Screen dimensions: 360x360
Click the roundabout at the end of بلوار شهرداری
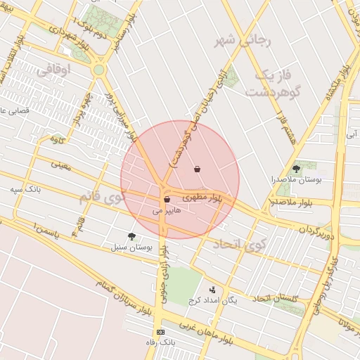[x=98, y=70]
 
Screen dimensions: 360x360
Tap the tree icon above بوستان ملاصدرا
[x=296, y=169]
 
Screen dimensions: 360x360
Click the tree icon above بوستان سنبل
[x=131, y=236]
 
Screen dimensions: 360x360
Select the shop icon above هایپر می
[x=166, y=200]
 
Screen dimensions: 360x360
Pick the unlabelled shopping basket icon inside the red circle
[x=197, y=169]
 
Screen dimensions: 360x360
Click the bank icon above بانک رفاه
[x=161, y=331]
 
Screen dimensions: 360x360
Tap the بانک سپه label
[x=27, y=190]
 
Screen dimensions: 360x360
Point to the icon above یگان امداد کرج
[x=212, y=289]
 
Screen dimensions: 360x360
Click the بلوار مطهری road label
[x=202, y=199]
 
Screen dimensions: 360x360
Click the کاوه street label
[x=57, y=139]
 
